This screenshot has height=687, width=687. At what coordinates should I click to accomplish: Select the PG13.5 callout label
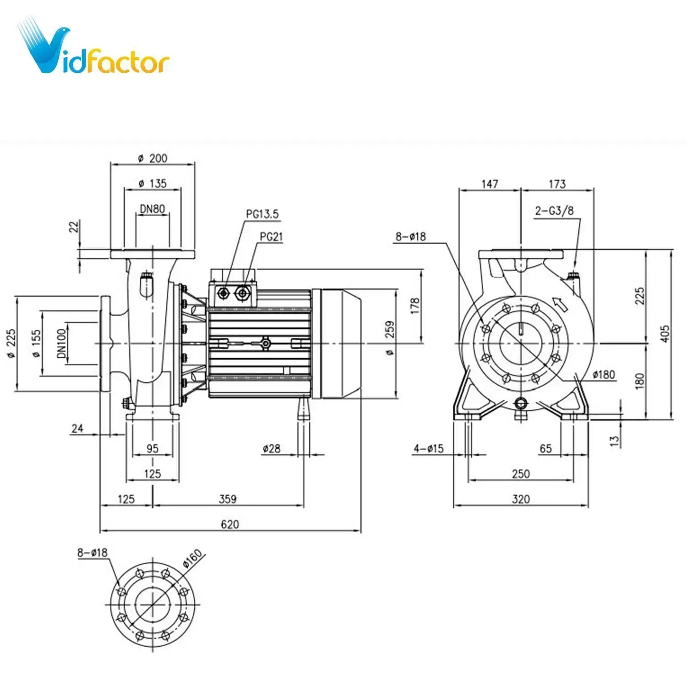click(262, 214)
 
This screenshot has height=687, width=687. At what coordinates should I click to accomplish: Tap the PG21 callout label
click(271, 237)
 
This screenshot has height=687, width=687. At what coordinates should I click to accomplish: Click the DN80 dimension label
click(153, 209)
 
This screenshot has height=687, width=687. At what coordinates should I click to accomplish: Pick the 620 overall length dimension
click(230, 524)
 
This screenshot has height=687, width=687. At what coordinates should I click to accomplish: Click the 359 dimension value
click(228, 499)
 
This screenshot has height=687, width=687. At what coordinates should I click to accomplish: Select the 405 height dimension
click(665, 333)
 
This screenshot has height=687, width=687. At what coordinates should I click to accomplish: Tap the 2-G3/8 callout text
click(554, 211)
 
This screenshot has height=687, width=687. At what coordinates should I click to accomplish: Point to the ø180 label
click(604, 375)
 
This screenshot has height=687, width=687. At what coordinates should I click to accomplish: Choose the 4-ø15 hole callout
click(428, 448)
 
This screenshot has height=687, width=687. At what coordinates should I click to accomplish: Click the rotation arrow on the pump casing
click(560, 304)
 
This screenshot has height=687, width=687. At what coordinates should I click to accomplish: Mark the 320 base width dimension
click(521, 499)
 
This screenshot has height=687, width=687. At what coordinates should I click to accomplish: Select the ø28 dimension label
click(272, 448)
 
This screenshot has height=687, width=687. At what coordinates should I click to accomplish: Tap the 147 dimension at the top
click(489, 184)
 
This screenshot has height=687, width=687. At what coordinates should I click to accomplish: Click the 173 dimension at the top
click(557, 184)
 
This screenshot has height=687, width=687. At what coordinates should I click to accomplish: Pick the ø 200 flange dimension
click(153, 158)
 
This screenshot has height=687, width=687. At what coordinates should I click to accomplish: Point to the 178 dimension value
click(415, 305)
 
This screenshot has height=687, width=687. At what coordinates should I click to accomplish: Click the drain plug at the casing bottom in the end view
click(521, 403)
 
